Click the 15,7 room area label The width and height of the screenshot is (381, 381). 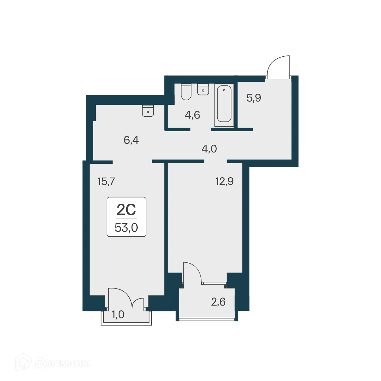click(106, 182)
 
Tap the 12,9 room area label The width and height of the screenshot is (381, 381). click(224, 182)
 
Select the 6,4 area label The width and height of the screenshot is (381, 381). click(131, 140)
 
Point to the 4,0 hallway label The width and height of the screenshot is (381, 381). click(209, 149)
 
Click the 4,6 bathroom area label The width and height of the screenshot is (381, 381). click(192, 115)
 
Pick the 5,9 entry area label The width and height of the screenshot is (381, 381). click(254, 98)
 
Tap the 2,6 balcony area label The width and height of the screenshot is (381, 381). click(218, 302)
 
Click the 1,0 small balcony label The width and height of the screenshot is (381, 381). click(118, 314)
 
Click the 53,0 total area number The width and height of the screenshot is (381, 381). click(126, 228)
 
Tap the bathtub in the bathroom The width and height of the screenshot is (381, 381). click(224, 103)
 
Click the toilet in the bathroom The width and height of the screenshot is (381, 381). click(186, 92)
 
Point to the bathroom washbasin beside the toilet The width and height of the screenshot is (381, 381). click(203, 89)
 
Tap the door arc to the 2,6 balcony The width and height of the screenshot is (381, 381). click(192, 273)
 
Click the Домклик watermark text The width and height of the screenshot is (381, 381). click(61, 364)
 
